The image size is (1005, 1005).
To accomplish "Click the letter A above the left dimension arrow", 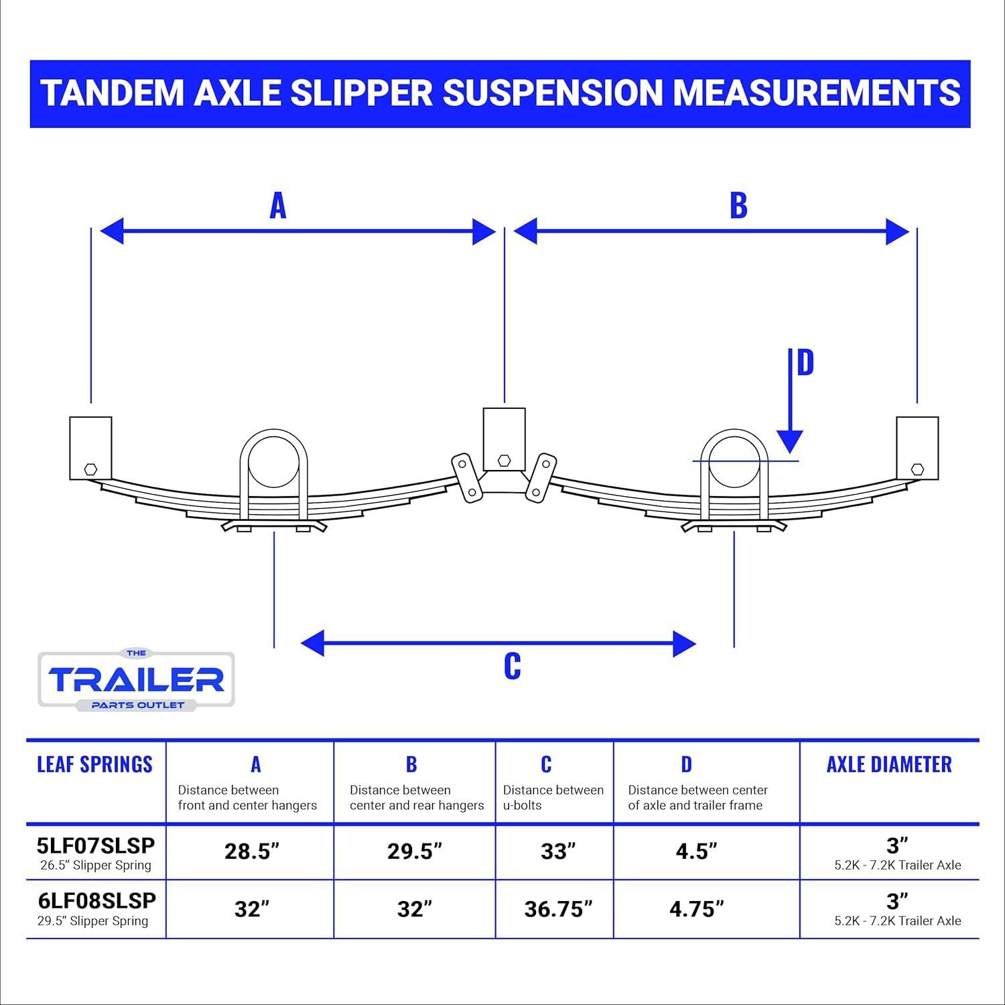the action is pos(278,205).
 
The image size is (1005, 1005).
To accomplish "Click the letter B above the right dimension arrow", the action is pos(738,205).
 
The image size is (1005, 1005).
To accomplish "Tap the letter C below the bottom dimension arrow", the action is pos(513,666).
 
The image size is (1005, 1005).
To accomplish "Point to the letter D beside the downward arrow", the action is pos(805,362).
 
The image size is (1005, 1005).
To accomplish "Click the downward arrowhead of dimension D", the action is pos(791,442).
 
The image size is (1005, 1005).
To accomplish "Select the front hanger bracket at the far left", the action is pos(90,448).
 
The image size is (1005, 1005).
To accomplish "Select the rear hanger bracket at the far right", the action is pos(917,448).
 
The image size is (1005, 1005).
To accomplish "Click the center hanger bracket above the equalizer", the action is pos(505,439).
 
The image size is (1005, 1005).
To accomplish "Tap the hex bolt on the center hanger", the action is pos(505,460).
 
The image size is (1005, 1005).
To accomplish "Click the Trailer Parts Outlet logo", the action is pos(137,679).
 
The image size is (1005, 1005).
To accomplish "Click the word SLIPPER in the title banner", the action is pos(362,93).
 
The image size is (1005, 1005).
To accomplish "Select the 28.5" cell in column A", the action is pos(252,851).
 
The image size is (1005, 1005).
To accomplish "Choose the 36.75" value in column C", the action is pos(558,909).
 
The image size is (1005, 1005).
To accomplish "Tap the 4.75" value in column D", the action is pos(697,909).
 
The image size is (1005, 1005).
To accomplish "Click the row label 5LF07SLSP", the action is pos(96,845).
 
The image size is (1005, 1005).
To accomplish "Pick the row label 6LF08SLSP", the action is pos(96,900).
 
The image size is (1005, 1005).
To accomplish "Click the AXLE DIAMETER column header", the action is pos(889,764).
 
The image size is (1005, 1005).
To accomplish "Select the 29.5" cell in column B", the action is pos(415,851).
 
